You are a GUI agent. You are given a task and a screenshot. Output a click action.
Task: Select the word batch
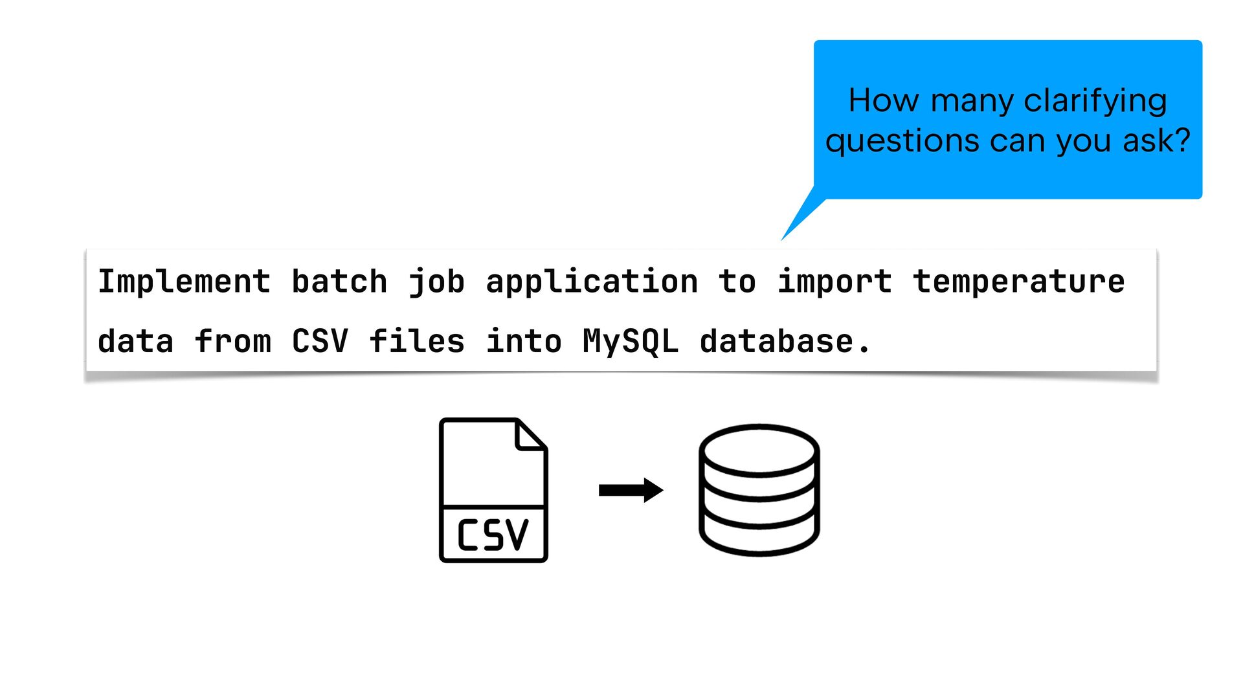(339, 282)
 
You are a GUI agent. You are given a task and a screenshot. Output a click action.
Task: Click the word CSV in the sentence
(320, 341)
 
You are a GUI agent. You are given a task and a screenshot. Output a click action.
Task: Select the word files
(417, 340)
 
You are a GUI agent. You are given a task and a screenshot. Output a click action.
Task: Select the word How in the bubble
(884, 101)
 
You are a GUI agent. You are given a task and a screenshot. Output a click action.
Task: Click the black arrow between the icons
(631, 490)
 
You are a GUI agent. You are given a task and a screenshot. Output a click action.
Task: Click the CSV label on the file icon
(493, 535)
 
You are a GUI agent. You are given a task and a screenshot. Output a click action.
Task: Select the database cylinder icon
(759, 490)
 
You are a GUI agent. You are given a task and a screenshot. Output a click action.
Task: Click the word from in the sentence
(232, 340)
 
